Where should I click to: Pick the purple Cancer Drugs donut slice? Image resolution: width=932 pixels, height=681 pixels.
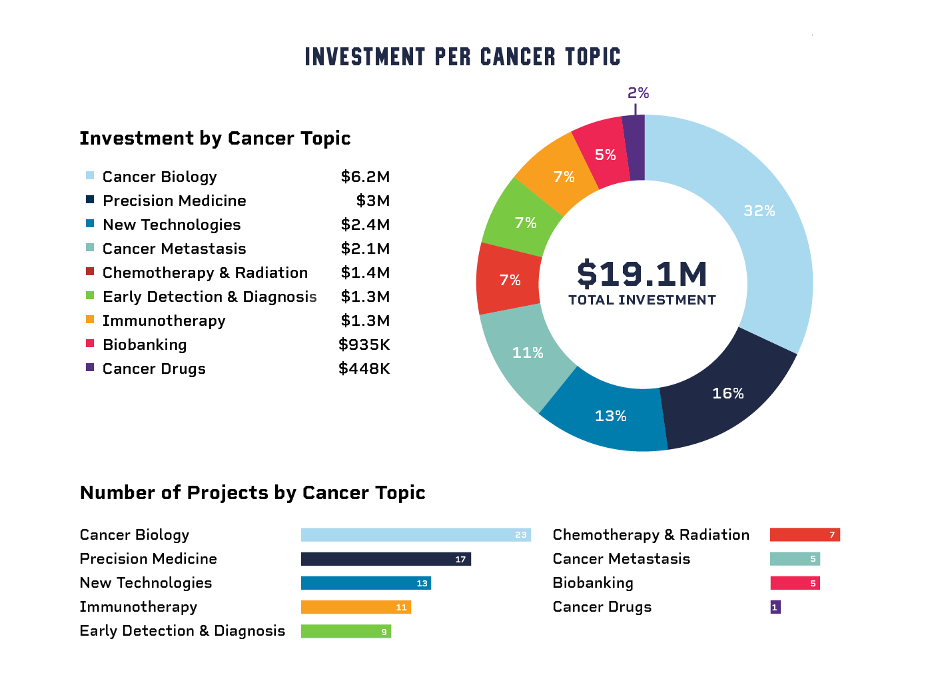tap(635, 147)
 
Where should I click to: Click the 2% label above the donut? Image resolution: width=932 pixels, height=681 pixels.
tap(638, 93)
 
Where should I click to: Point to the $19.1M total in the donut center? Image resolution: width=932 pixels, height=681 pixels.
tap(642, 274)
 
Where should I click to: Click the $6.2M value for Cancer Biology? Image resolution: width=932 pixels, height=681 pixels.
tap(365, 177)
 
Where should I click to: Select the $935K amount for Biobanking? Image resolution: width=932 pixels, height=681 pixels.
tap(364, 344)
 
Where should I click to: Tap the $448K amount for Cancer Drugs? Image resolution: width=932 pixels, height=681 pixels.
tap(364, 368)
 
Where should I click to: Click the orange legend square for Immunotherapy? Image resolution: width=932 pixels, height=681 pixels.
tap(90, 320)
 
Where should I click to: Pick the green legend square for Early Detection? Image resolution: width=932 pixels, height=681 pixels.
tap(90, 296)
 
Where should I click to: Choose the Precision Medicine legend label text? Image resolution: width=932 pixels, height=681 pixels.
tap(174, 201)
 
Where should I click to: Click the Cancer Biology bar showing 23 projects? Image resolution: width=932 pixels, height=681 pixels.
tap(415, 535)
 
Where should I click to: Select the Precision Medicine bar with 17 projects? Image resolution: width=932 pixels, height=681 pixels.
tap(386, 559)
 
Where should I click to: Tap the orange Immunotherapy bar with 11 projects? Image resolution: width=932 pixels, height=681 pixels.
tap(356, 607)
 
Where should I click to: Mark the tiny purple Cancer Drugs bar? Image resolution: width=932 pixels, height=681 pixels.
tap(775, 607)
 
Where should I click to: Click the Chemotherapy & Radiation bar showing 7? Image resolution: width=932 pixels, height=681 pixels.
tap(805, 535)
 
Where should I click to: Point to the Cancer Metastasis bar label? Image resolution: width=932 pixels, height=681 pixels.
tap(621, 559)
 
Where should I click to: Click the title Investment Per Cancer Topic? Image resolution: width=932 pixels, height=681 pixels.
tap(462, 57)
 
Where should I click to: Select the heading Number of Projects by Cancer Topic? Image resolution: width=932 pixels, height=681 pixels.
tap(252, 492)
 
